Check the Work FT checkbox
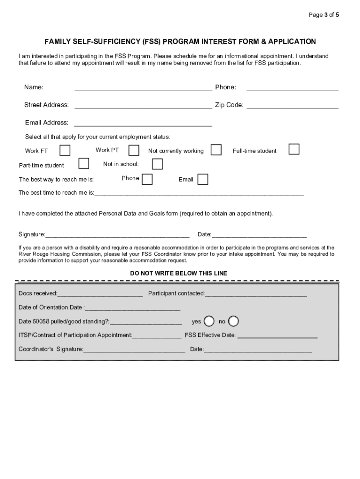(65, 150)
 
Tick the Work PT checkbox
(134, 150)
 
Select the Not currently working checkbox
(216, 150)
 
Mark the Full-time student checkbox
(294, 149)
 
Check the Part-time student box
(84, 163)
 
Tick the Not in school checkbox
(157, 164)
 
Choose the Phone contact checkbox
(147, 179)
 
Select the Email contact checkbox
(202, 180)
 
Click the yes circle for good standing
(209, 321)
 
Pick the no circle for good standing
(233, 321)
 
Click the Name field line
(143, 88)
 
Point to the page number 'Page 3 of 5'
(324, 15)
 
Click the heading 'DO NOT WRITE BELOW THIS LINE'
(179, 273)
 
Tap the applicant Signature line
(117, 235)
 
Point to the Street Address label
(46, 105)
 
